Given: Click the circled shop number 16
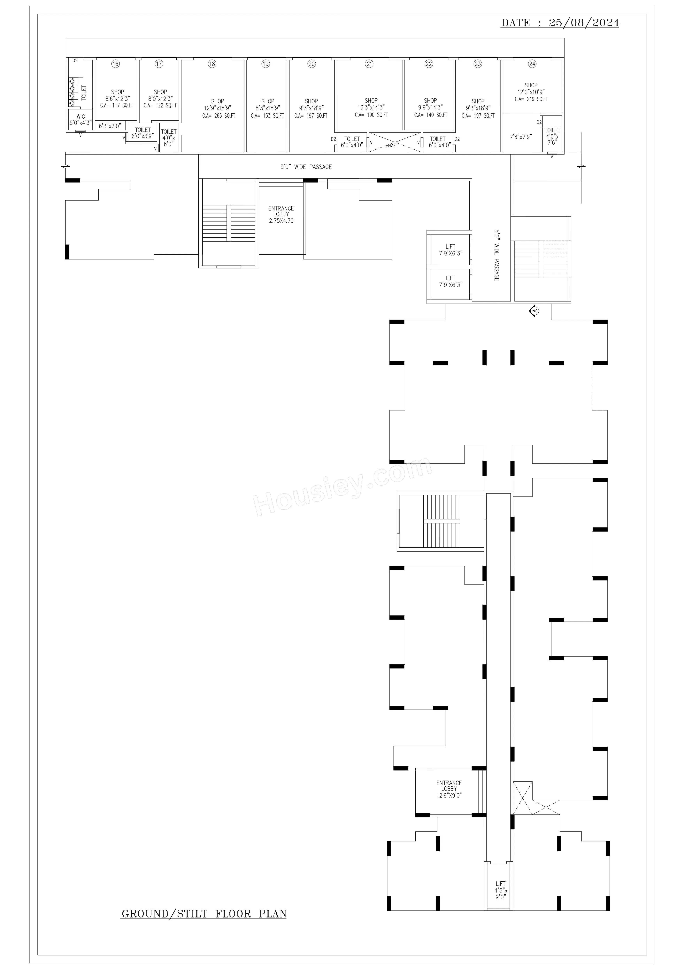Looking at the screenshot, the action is point(115,64).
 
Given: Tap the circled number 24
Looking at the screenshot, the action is point(532,64).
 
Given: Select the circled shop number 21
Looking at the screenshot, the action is point(369,64).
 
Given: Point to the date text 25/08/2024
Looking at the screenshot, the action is point(584,23).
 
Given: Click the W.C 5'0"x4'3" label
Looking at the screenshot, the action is point(81,119).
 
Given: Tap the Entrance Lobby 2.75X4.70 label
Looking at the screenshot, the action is point(281,214).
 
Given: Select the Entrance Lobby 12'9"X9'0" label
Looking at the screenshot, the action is point(449,789).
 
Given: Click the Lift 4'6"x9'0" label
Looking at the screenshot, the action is point(501,902).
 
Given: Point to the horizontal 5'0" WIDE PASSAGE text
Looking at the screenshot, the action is point(306,167).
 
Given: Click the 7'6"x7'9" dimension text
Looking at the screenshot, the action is point(521,137).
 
